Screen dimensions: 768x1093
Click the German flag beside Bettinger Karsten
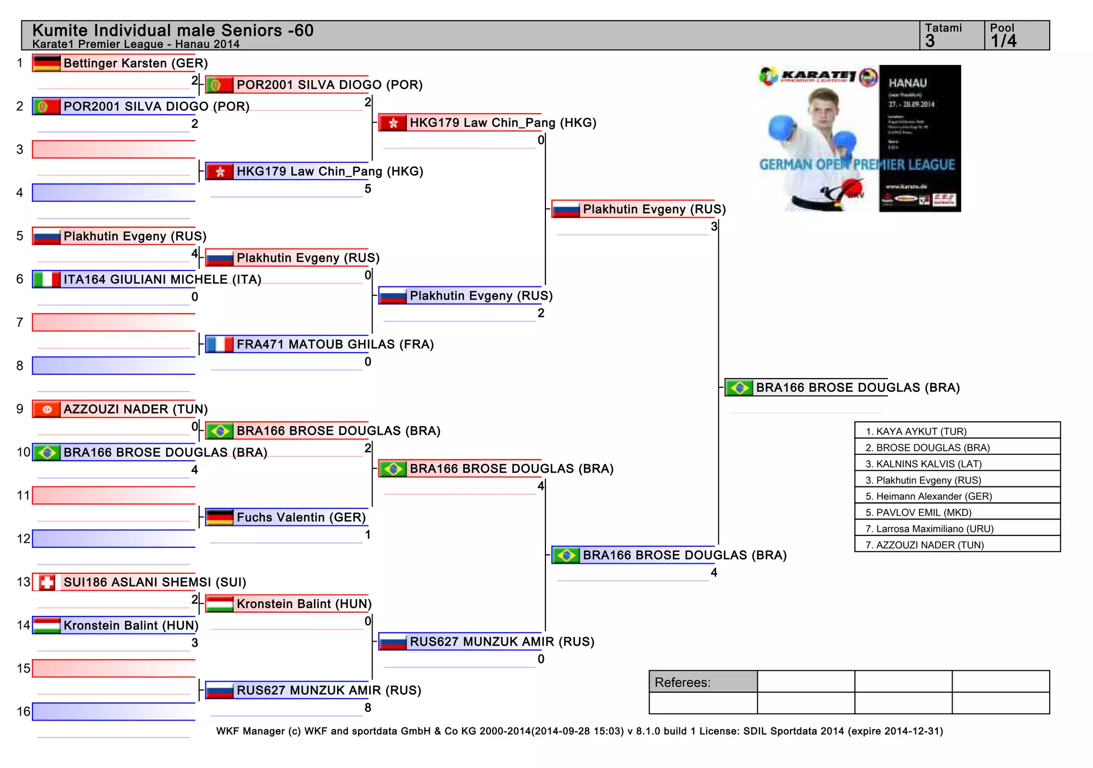[46, 63]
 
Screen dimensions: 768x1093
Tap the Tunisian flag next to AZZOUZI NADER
[46, 409]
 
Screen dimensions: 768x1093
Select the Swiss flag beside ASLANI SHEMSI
[46, 582]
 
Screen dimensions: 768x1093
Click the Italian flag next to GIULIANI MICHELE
[46, 279]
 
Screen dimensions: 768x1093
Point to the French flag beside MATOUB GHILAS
[219, 345]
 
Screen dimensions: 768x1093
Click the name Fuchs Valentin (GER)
[301, 517]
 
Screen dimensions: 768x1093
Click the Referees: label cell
[703, 682]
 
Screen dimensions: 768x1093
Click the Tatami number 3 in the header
[930, 41]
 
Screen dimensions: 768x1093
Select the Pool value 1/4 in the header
[1003, 41]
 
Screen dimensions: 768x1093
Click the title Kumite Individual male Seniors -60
[173, 30]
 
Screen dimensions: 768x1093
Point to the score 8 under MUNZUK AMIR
[368, 708]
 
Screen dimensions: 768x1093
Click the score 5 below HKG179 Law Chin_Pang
[368, 189]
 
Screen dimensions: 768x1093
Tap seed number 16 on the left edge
[23, 711]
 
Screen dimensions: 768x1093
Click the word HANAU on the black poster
[907, 83]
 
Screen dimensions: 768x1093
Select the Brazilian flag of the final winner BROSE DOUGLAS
[739, 388]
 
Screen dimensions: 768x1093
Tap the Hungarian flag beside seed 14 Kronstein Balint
[46, 625]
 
